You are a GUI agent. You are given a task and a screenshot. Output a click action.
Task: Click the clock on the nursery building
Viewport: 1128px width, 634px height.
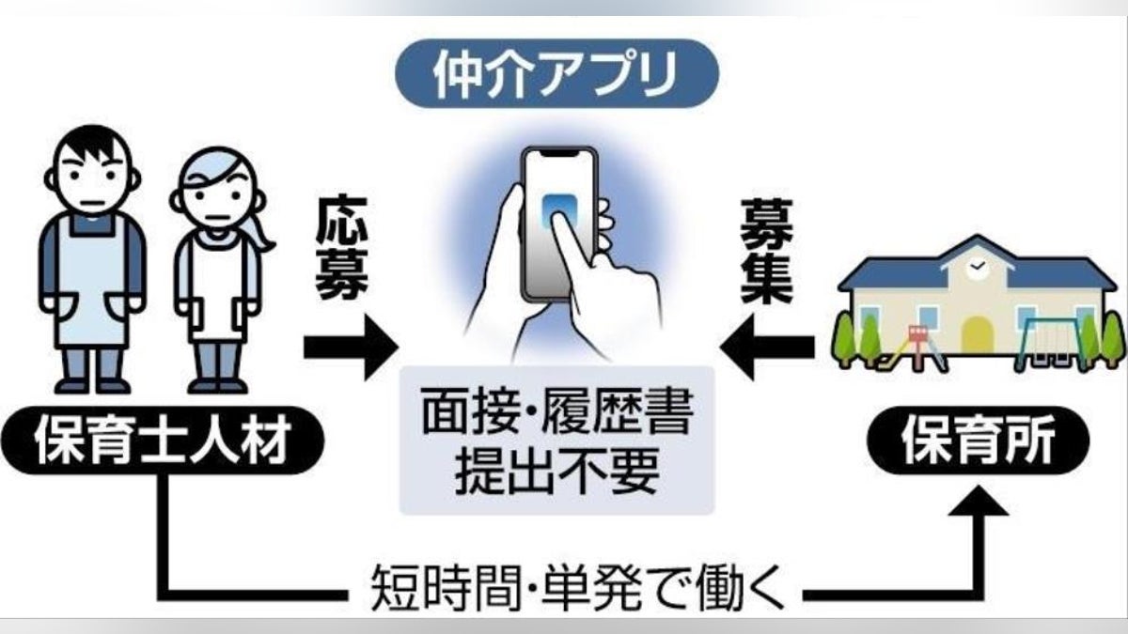pos(978,267)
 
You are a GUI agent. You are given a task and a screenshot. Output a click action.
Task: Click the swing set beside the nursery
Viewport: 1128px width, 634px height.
pos(1042,338)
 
